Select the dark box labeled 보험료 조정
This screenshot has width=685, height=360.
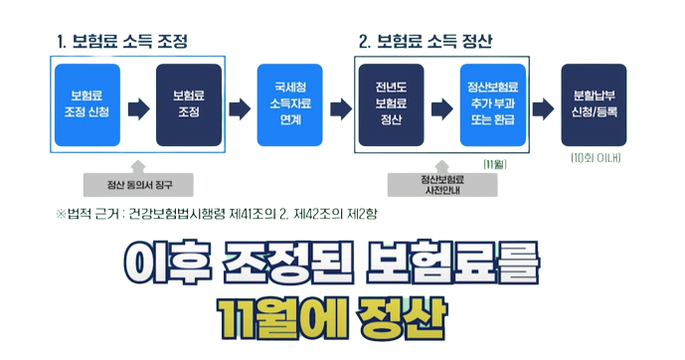coord(189,103)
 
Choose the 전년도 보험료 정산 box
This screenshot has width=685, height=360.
coord(392,103)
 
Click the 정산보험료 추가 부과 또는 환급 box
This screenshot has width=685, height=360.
coord(492,103)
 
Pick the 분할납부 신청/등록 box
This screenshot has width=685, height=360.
coord(595,103)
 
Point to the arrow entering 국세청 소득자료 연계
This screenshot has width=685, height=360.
coord(240,103)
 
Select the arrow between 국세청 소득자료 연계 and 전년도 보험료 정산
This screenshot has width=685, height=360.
coord(341,103)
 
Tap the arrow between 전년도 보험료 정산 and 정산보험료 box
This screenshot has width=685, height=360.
coord(441,103)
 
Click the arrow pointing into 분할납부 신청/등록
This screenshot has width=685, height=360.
coord(543,103)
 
